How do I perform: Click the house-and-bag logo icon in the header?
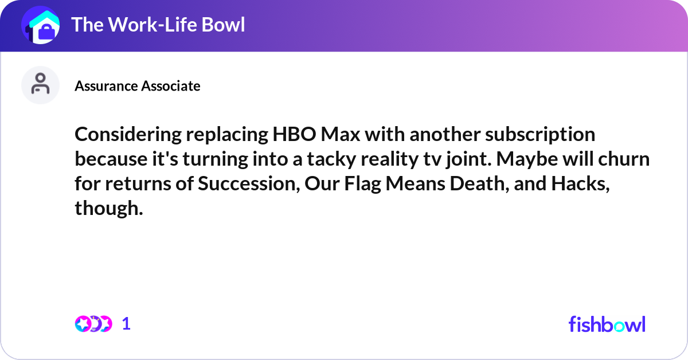(41, 25)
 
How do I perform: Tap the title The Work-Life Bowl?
(158, 25)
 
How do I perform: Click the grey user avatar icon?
(40, 85)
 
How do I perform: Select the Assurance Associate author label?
(137, 86)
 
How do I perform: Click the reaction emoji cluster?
(93, 324)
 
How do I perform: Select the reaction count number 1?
(126, 324)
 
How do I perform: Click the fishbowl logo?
(607, 324)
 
